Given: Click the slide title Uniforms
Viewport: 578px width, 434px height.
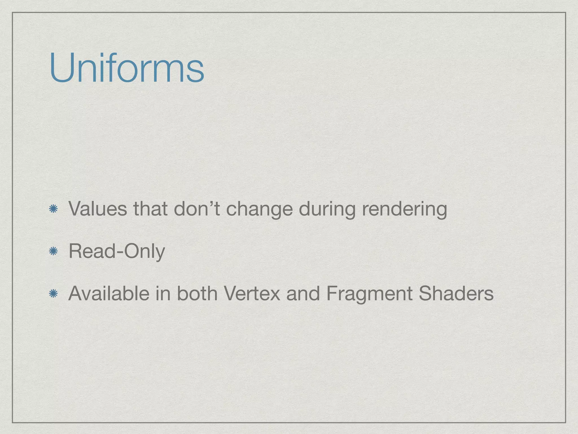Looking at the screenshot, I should point(126,68).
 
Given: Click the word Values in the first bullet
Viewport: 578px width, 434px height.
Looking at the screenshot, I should point(98,209).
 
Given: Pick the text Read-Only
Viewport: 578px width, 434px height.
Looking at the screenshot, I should point(117,251).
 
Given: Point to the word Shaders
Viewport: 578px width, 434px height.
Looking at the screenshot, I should point(456,293).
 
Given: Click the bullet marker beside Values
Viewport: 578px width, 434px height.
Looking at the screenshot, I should point(53,209).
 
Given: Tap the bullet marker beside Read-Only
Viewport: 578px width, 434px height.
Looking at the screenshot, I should point(53,251).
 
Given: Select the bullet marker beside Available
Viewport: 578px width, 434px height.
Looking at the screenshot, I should point(53,294).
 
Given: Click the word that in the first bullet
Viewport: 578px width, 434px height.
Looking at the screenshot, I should point(150,209).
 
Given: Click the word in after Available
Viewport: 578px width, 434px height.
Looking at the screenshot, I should point(163,293).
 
